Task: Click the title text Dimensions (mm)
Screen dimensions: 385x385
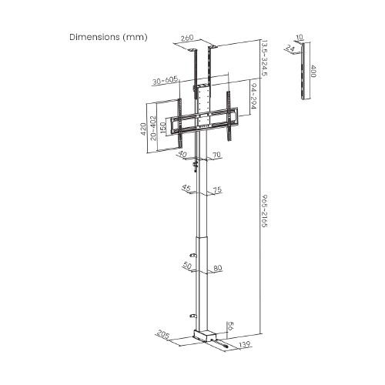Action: [x=108, y=37]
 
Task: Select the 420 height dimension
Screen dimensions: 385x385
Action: [x=143, y=129]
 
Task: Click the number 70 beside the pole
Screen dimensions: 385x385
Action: [x=217, y=155]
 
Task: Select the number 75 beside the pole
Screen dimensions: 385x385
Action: [x=217, y=189]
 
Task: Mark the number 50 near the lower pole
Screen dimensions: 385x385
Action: [x=186, y=266]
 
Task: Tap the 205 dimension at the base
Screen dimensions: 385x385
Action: [x=162, y=334]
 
